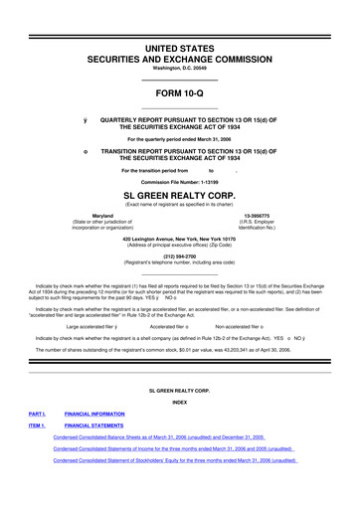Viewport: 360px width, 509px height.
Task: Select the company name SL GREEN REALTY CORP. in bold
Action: (x=179, y=196)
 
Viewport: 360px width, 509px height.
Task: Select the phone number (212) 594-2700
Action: (x=179, y=253)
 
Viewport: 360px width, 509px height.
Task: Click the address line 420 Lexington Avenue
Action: (x=179, y=239)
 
